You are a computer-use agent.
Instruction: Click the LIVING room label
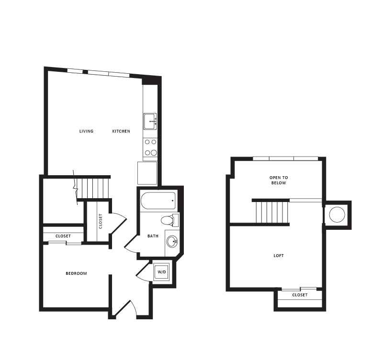[x=86, y=131]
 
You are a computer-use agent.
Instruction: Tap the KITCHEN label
[x=121, y=131]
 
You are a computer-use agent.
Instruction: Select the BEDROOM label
[x=76, y=273]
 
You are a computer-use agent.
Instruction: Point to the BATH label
[x=153, y=236]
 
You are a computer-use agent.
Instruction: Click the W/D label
[x=162, y=272]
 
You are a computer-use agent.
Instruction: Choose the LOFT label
[x=279, y=256]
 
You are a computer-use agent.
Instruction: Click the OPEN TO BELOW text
[x=279, y=180]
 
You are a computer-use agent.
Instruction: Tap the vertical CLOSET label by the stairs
[x=101, y=221]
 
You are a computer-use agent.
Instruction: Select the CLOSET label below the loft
[x=300, y=295]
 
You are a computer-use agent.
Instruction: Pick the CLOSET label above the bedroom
[x=63, y=236]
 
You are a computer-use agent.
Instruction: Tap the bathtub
[x=158, y=201]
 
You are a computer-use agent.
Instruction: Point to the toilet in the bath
[x=168, y=220]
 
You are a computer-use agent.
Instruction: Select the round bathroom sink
[x=172, y=241]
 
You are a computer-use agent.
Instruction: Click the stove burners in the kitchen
[x=150, y=147]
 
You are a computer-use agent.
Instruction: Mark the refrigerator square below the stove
[x=147, y=173]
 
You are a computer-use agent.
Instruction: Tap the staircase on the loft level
[x=272, y=212]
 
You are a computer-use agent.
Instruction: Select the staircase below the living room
[x=93, y=188]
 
